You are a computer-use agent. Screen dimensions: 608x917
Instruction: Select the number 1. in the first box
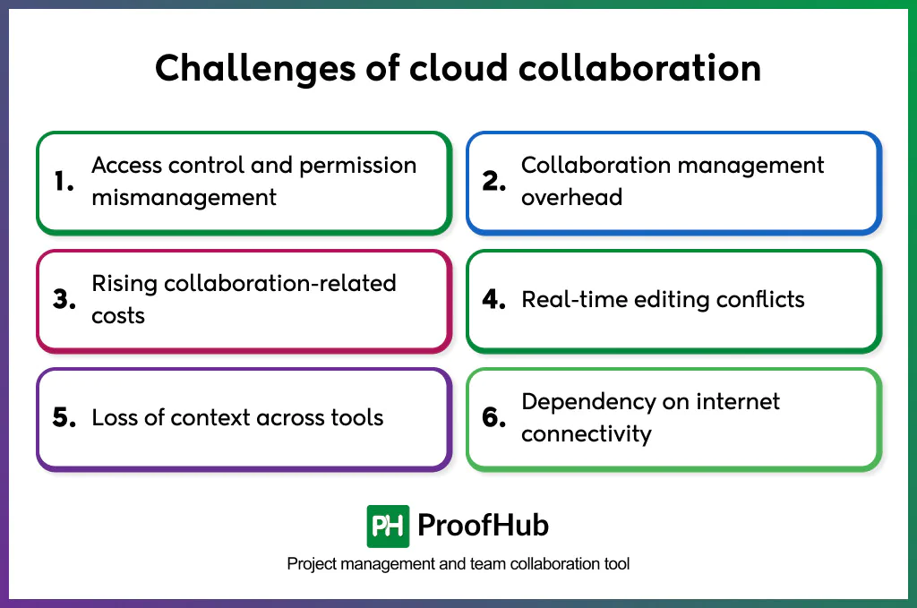point(64,182)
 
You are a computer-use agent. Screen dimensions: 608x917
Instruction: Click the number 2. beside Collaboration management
point(494,182)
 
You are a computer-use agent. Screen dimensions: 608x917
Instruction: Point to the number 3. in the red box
point(64,300)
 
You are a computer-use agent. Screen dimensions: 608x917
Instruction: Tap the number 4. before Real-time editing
point(494,300)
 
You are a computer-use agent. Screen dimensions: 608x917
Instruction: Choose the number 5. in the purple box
point(64,418)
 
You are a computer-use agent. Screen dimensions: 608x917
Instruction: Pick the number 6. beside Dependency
point(494,418)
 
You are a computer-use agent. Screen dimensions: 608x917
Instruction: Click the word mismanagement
point(184,198)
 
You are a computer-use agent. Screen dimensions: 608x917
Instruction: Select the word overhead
point(571,198)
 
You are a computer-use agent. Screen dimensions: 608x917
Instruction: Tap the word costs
point(118,316)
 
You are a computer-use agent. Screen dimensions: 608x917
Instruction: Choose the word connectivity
point(587,434)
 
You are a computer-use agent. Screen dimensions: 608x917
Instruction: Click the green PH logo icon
point(388,526)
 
